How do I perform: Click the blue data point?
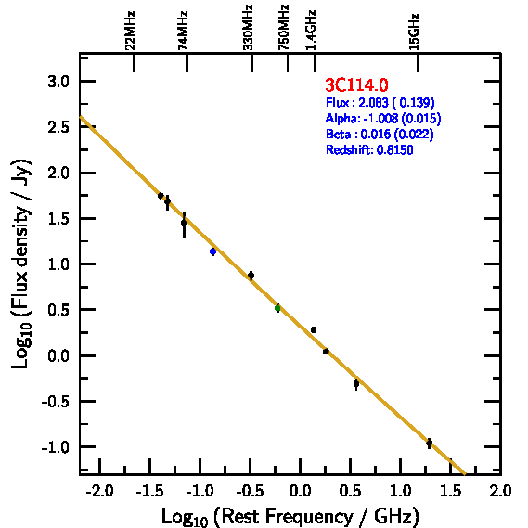212,251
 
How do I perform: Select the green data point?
277,308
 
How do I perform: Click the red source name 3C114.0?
356,84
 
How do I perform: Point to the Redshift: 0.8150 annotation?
369,149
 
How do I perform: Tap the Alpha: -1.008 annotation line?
383,118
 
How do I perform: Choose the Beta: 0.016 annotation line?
380,134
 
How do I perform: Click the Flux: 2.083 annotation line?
380,102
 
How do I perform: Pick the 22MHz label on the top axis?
130,31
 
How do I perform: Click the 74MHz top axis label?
183,31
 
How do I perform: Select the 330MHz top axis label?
248,28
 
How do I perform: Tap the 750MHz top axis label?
283,28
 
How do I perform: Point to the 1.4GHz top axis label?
311,31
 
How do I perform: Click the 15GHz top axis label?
414,32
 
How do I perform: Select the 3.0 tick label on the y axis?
58,82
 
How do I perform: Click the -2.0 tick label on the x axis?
99,491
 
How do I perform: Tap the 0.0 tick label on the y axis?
58,355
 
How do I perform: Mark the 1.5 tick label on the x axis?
451,491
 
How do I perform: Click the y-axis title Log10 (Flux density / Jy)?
21,264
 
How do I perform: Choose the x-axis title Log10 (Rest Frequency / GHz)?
290,516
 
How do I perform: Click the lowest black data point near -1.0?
429,444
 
